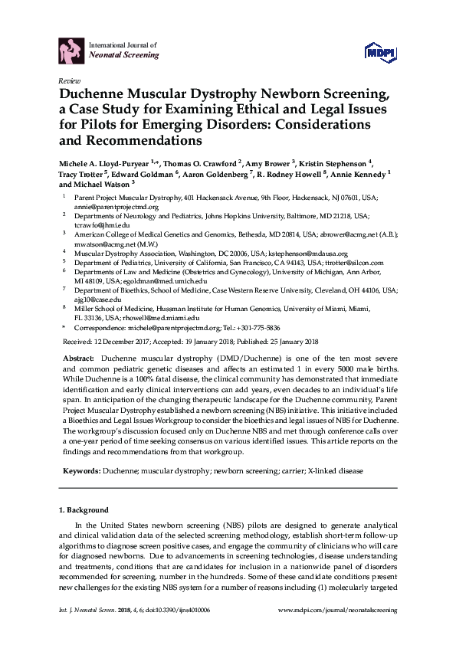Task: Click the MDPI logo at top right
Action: pos(381,51)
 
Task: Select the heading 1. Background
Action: pos(84,510)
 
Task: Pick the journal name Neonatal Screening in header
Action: pos(124,56)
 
